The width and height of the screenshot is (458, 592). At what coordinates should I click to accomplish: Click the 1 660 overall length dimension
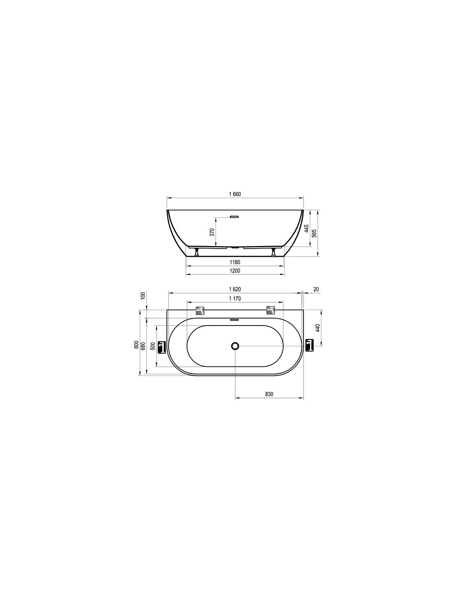pos(235,194)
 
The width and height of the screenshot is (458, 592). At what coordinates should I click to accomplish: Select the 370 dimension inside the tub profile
pos(212,232)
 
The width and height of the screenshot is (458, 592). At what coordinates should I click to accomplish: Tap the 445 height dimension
pos(306,228)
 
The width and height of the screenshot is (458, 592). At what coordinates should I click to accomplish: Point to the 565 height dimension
pos(314,234)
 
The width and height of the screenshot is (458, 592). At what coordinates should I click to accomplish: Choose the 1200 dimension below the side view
pos(234,271)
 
